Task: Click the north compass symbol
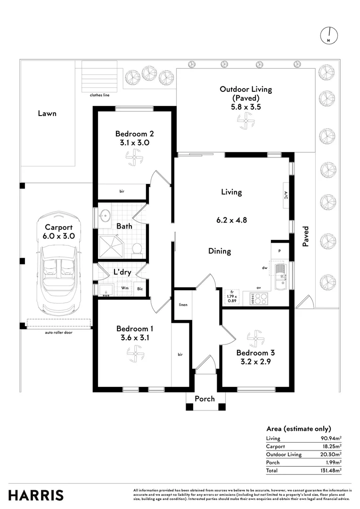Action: [329, 35]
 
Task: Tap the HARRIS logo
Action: [36, 495]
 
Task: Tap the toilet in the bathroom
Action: [136, 248]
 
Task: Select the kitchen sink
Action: [281, 275]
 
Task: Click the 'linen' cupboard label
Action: [183, 305]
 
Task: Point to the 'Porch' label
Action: [205, 399]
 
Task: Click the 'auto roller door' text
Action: [58, 332]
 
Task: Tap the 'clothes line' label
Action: [99, 95]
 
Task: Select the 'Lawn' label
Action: [47, 114]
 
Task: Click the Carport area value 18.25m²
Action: [332, 446]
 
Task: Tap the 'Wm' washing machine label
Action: [125, 288]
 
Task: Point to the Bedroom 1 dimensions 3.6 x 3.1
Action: [135, 337]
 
